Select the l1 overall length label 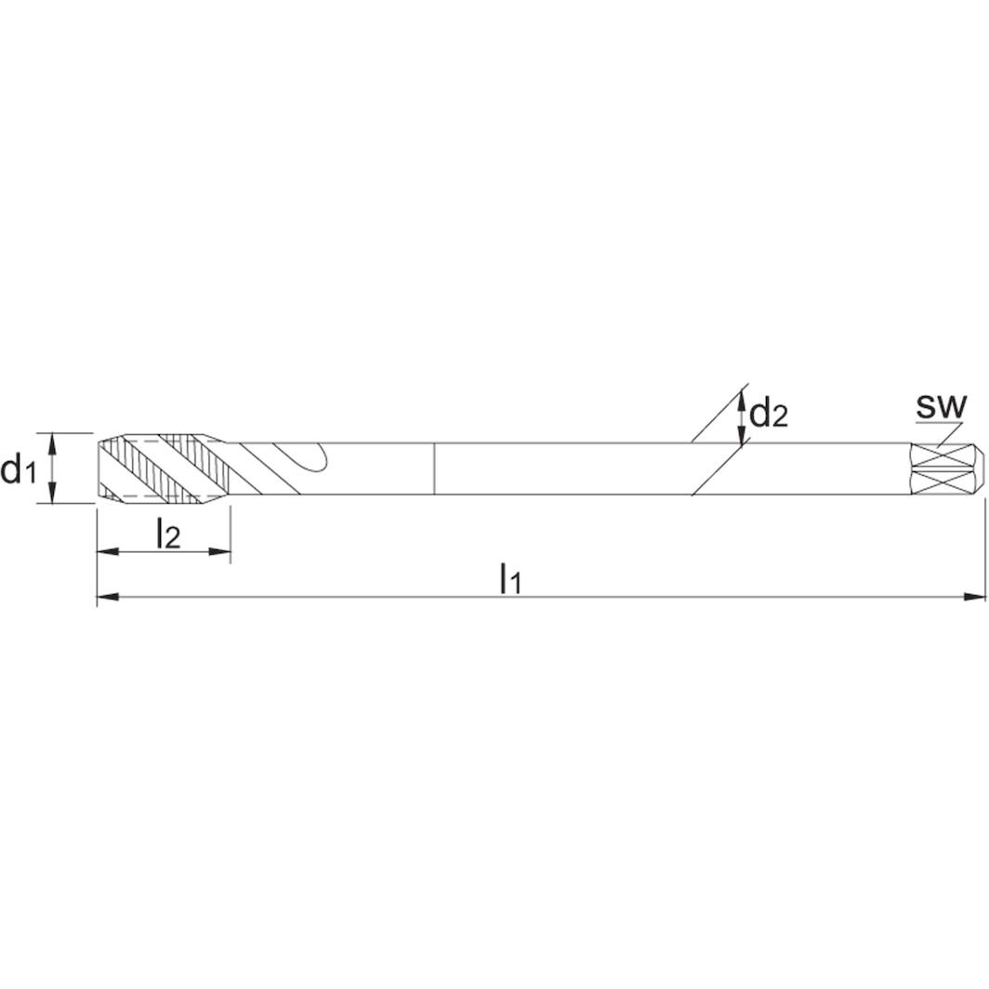click(x=510, y=578)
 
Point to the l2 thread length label click(x=167, y=534)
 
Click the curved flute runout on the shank click(x=314, y=457)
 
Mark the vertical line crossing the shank click(x=435, y=468)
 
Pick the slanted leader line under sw click(x=947, y=433)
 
